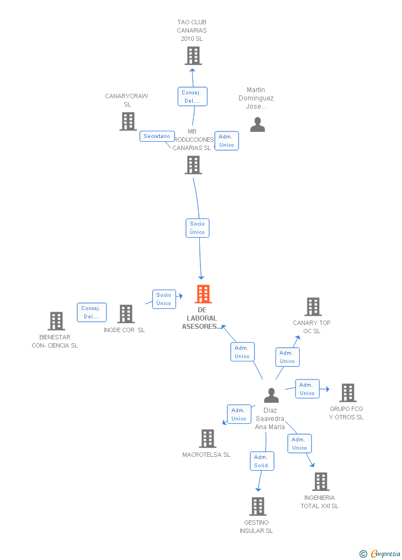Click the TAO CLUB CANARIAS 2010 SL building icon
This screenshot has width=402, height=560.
coord(193,56)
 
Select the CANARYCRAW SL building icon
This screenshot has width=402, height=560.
coord(128,121)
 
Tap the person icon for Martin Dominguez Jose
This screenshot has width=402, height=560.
coord(257,125)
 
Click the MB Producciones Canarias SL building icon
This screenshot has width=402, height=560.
coord(193,165)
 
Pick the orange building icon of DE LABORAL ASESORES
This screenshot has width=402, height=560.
coord(203,294)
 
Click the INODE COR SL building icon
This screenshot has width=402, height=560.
coord(126,314)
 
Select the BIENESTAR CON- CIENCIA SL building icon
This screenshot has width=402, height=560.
coord(56,321)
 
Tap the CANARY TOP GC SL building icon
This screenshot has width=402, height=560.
coord(313,307)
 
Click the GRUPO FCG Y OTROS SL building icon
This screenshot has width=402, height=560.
coord(347,393)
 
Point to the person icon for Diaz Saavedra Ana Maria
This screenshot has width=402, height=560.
coord(271,396)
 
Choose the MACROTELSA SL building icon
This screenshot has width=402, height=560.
coord(208,439)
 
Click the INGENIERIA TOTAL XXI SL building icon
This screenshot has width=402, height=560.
coord(321,482)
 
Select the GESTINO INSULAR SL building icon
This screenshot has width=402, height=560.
coord(258,506)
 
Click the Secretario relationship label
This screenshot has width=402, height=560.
coord(157,136)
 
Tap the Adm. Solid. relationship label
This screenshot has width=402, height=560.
coord(262,461)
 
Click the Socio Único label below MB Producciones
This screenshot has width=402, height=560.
coord(197,228)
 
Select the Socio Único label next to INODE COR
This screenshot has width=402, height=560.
coord(164,299)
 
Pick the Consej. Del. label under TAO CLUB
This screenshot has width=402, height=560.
coord(192,97)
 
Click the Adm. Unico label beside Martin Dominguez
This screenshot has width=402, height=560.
coord(226,141)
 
